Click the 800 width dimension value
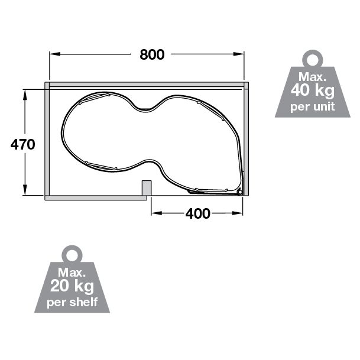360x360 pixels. point(152,54)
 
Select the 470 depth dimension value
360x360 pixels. point(24,144)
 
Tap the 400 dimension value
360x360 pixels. point(197,213)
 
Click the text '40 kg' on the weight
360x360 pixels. point(313,92)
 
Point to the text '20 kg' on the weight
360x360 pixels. point(73,288)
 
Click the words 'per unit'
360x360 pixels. point(313,107)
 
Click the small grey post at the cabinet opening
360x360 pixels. point(147,187)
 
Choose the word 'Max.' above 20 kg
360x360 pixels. point(73,274)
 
